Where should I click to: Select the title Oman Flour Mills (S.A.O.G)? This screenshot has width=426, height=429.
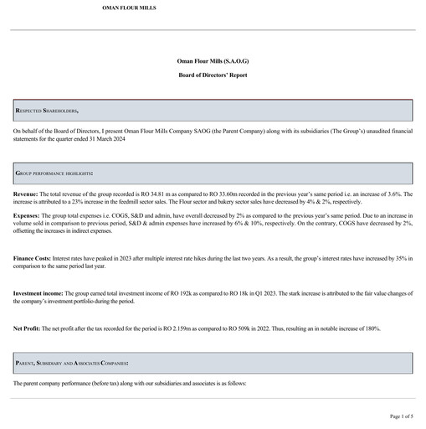pos(213,63)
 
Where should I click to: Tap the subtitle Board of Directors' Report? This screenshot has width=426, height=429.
pos(213,75)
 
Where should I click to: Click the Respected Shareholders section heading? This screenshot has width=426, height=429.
pos(47,111)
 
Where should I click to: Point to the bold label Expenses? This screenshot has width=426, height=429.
pos(28,215)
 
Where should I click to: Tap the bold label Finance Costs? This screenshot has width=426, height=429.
pos(33,259)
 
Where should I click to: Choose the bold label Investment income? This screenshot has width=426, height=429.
pos(38,292)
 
